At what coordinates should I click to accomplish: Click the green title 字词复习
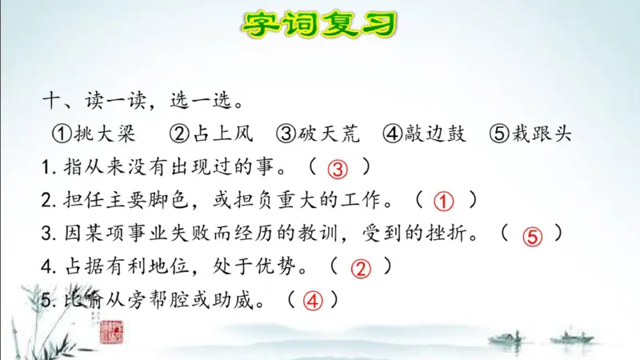319,25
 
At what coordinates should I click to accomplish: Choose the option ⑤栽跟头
532,133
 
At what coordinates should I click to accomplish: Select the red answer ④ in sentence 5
312,302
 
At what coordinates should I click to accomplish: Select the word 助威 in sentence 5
241,302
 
